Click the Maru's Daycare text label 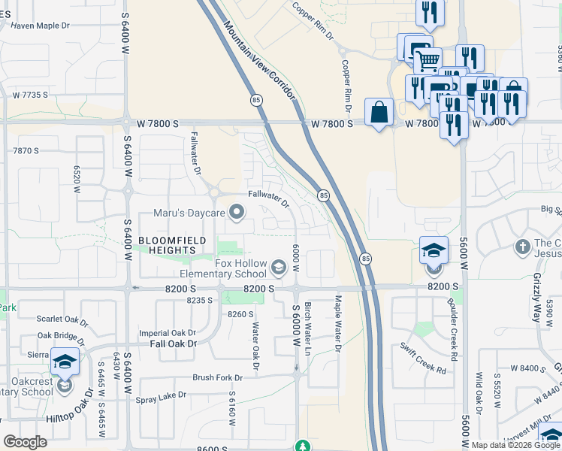[x=189, y=213]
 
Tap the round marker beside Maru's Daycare [x=237, y=213]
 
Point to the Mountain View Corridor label [x=258, y=63]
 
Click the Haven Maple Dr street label [x=40, y=26]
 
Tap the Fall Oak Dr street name [x=173, y=344]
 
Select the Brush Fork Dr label [x=218, y=377]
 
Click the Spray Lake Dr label [x=161, y=395]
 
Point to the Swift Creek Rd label [x=424, y=359]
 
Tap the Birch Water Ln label [x=307, y=329]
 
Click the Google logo [x=26, y=442]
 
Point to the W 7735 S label [x=30, y=95]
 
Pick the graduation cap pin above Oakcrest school [x=65, y=362]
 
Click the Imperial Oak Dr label [x=168, y=332]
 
